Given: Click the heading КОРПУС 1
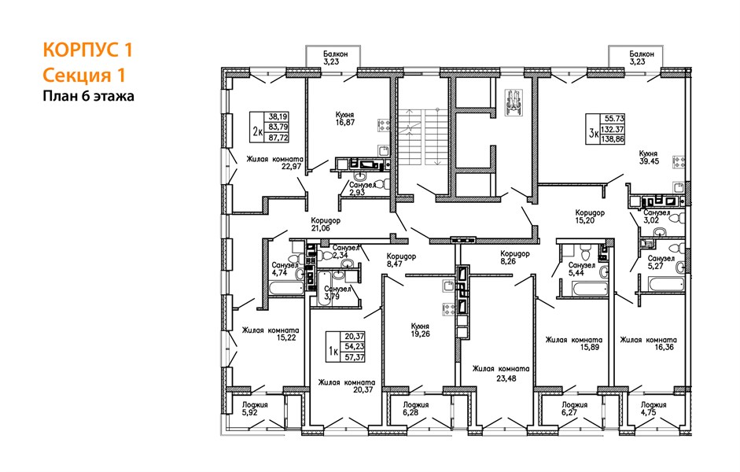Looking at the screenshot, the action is (x=88, y=50).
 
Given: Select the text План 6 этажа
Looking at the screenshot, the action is (x=89, y=96).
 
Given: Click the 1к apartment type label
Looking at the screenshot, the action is (x=333, y=351).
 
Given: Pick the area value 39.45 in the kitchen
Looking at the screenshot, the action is (x=649, y=161).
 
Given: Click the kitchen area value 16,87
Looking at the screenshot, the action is (x=344, y=122).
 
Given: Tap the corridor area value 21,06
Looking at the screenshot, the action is (x=320, y=228).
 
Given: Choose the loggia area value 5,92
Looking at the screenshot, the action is (x=250, y=412).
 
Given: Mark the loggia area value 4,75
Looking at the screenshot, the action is (x=649, y=412).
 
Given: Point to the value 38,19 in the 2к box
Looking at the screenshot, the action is (x=278, y=116).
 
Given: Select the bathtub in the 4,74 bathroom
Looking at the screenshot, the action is (x=286, y=288).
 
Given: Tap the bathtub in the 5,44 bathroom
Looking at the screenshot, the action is (x=589, y=289).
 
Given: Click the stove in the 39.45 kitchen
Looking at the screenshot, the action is (x=679, y=162).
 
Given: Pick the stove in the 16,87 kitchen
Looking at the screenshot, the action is (x=383, y=125).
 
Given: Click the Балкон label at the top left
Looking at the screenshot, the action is (x=335, y=53).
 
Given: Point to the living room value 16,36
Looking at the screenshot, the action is (x=664, y=347).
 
